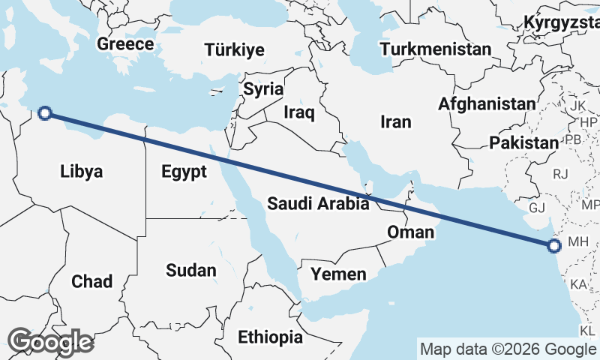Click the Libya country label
coord(81,172)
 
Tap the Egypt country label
coord(184,172)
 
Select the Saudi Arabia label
coord(318,202)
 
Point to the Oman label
coord(410,232)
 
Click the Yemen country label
coord(339,274)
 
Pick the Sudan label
coord(191,270)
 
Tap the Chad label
coord(91,282)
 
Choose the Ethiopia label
coord(271,337)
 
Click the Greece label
coord(125,44)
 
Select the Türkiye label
coord(235,50)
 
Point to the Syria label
coord(264,89)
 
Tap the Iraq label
coord(299,112)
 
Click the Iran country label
coord(396,121)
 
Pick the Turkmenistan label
coord(436,50)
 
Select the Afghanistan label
coord(488,104)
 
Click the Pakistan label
coord(523,142)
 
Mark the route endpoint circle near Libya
coord(45,113)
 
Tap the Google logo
coord(50,342)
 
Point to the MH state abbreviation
coord(580,241)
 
